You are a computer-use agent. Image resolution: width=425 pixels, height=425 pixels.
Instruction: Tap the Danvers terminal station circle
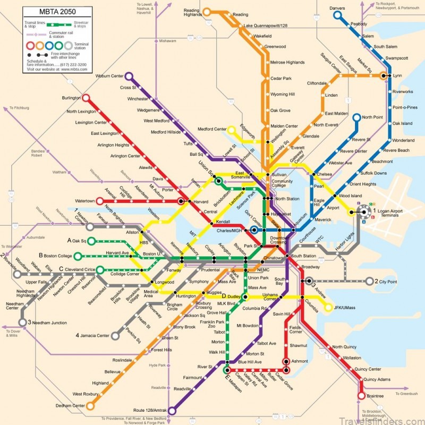tap(337, 15)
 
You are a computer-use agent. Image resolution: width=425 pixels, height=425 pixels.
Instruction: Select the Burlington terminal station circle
tap(86, 98)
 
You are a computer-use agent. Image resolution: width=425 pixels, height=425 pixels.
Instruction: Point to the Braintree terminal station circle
tap(362, 396)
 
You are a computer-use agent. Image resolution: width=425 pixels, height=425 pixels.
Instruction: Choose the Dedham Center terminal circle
tap(90, 405)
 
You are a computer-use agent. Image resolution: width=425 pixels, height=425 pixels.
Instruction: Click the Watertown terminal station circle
tap(99, 201)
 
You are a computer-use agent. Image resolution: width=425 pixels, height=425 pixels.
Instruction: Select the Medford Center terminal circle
tap(231, 129)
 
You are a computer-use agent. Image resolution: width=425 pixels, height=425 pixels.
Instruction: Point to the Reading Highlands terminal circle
tap(205, 11)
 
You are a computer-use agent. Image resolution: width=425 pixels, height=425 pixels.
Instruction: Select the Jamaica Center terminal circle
tap(115, 336)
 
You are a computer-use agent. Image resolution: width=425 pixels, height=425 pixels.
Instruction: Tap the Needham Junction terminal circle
tap(23, 322)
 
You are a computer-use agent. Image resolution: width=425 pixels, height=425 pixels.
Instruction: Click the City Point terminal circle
tap(369, 281)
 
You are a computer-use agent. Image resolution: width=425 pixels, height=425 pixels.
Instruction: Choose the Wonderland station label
tap(403, 140)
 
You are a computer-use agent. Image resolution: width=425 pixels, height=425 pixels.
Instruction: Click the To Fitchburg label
tap(19, 108)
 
